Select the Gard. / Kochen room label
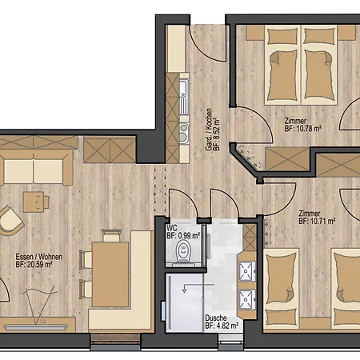pos(209,130)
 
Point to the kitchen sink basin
pos(183,89)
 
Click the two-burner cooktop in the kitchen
pos(184,133)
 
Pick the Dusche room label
pos(216,318)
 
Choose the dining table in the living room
pos(110,274)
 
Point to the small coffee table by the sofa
pos(34,202)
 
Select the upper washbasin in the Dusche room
pos(247,271)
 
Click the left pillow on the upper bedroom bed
pos(282,37)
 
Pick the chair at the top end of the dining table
pos(111,235)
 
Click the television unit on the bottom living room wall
pos(36,327)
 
